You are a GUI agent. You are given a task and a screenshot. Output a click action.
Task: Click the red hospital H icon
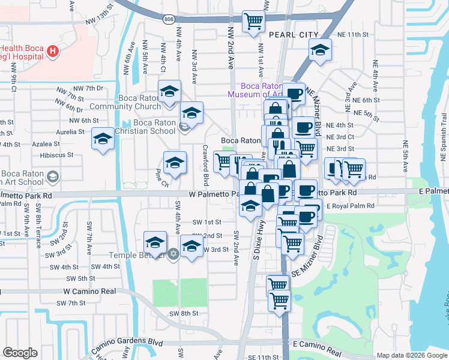[53, 52]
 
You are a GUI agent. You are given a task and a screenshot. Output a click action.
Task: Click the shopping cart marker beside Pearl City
[253, 22]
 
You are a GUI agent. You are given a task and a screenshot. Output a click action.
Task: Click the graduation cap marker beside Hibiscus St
[103, 140]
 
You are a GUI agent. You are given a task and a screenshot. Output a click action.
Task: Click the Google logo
[20, 353]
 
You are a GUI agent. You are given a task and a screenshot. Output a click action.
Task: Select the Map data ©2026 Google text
[412, 355]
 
